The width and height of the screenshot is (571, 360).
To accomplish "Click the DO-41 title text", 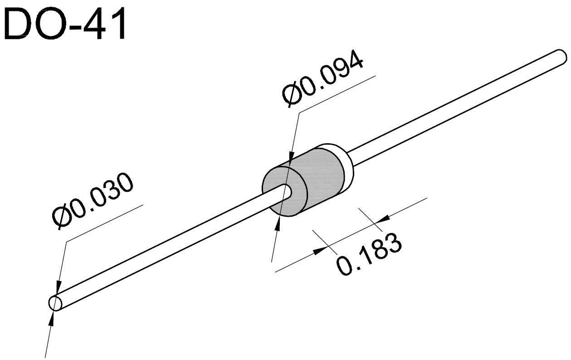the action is point(64,24).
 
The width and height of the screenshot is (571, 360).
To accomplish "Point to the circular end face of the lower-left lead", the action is point(55,303).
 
